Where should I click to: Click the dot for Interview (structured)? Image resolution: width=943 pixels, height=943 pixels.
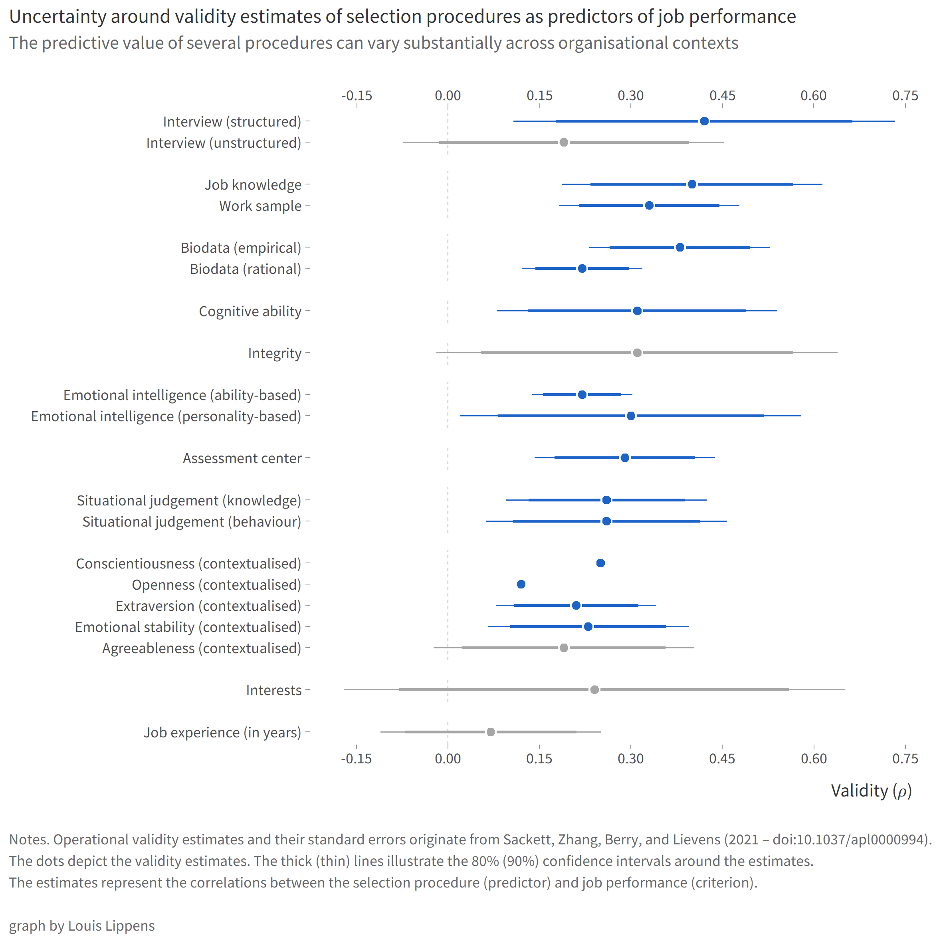coord(704,121)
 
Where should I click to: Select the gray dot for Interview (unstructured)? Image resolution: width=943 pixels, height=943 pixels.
coord(564,143)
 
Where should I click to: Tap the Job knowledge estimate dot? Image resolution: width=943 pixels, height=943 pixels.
coord(691,184)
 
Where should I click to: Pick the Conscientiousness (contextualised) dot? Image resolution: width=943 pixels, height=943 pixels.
coord(600,563)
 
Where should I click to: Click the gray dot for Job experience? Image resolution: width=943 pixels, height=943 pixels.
coord(491,732)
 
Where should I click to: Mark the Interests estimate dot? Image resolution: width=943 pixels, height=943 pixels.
coord(594,689)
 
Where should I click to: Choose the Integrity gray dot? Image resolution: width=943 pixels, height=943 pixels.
coord(637,353)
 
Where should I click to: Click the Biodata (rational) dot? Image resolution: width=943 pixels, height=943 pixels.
coord(582,268)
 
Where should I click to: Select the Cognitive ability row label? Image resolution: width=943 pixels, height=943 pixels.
coord(250,311)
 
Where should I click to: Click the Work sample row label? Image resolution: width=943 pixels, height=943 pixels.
coord(260,206)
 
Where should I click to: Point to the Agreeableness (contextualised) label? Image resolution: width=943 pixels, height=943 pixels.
coord(202,648)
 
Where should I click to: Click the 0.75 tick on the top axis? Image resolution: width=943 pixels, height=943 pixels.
coord(905,96)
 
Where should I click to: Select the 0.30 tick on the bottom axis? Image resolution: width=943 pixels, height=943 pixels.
coord(631,759)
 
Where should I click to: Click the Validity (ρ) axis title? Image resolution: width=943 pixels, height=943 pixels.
coord(871,791)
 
